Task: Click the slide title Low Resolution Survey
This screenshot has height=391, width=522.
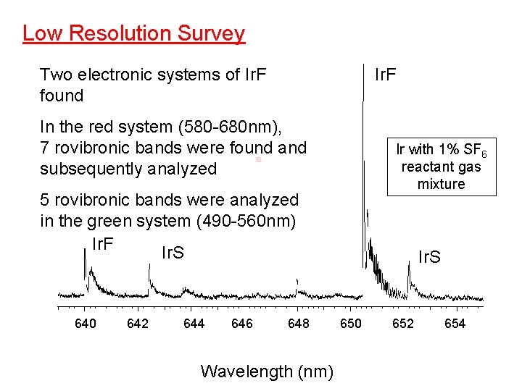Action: point(133,33)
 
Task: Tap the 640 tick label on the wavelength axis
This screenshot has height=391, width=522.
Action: point(86,324)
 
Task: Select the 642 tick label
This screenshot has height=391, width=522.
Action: point(138,324)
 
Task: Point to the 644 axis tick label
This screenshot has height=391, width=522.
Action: point(194,324)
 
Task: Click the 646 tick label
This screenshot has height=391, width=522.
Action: point(241,324)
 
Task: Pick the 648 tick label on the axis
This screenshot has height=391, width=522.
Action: point(299,324)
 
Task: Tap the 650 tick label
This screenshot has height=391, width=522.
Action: point(351,324)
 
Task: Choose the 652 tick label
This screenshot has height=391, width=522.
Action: point(403,324)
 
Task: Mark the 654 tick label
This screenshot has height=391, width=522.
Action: point(455,324)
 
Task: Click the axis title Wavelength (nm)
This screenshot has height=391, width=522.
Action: point(267,372)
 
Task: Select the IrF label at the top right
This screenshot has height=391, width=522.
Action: point(385,75)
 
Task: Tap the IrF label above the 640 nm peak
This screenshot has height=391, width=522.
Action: point(103,243)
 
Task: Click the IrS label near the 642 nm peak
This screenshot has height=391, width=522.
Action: point(172,253)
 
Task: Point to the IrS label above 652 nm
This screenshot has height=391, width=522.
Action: point(430,257)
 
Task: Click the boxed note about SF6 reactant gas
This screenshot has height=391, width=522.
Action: point(441,166)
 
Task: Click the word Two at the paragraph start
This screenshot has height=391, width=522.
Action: point(55,75)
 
